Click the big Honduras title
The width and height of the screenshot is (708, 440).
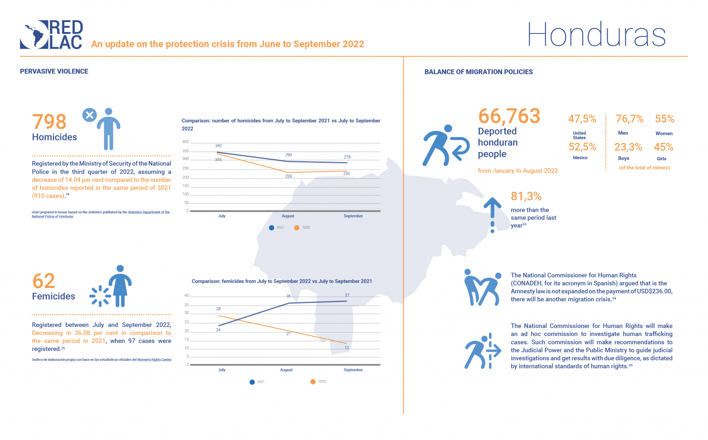[596, 35]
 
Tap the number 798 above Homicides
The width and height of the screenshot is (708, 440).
[49, 122]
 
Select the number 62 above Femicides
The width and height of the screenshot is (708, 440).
[44, 281]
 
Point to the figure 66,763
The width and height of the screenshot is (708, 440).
[509, 116]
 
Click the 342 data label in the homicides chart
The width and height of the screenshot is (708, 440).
[218, 146]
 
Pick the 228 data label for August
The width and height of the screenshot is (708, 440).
[288, 176]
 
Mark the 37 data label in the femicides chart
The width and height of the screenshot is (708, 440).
[347, 295]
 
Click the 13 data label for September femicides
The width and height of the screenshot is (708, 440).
[346, 348]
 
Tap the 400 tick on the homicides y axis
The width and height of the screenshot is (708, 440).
[186, 142]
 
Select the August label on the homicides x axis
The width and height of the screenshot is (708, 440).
[288, 216]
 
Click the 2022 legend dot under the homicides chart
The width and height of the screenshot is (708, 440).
[297, 228]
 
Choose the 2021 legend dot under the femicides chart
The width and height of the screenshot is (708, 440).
[252, 382]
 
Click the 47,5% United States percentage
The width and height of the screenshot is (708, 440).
[582, 119]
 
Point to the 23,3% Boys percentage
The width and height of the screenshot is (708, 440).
[628, 147]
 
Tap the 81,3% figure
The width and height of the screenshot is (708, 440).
[526, 197]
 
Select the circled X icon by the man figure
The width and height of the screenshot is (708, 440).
[89, 115]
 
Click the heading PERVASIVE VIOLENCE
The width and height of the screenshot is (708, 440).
[54, 71]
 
